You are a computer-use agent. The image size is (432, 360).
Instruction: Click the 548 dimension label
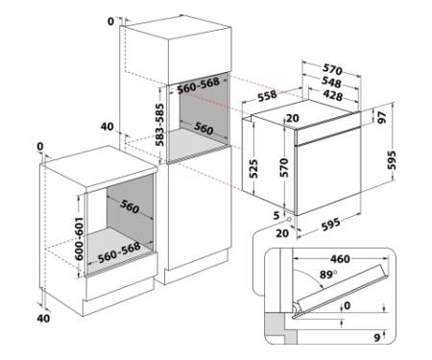coord(331,83)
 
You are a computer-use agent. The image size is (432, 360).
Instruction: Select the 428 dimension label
coord(333,95)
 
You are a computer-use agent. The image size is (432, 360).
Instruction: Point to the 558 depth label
coord(268,95)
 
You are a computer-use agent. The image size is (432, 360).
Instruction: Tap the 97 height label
coord(382,117)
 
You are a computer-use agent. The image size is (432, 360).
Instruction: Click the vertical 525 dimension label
coord(252,169)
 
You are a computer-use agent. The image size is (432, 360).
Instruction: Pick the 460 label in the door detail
coord(340,259)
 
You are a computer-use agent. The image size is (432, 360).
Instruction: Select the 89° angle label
coord(328,275)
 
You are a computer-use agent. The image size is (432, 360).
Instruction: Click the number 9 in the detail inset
coord(377,337)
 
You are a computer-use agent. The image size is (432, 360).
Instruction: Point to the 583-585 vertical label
coord(159,125)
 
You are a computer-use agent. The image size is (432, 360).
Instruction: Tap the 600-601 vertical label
coord(79,239)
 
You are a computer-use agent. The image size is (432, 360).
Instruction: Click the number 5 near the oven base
coord(276,215)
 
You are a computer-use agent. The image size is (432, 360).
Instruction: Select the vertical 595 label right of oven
coord(392,160)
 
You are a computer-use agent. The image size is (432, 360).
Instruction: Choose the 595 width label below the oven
coord(331,224)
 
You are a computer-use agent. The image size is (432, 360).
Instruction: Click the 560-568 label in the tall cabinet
coord(199,85)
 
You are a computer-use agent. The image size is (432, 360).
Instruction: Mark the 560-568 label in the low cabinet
coord(119,252)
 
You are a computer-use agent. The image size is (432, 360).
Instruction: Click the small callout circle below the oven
coord(289,220)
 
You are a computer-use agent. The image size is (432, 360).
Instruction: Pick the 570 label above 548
coord(332,68)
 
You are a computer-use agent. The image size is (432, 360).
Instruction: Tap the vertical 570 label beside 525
coord(284,168)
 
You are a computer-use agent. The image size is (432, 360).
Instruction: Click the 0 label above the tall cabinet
coord(110,21)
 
